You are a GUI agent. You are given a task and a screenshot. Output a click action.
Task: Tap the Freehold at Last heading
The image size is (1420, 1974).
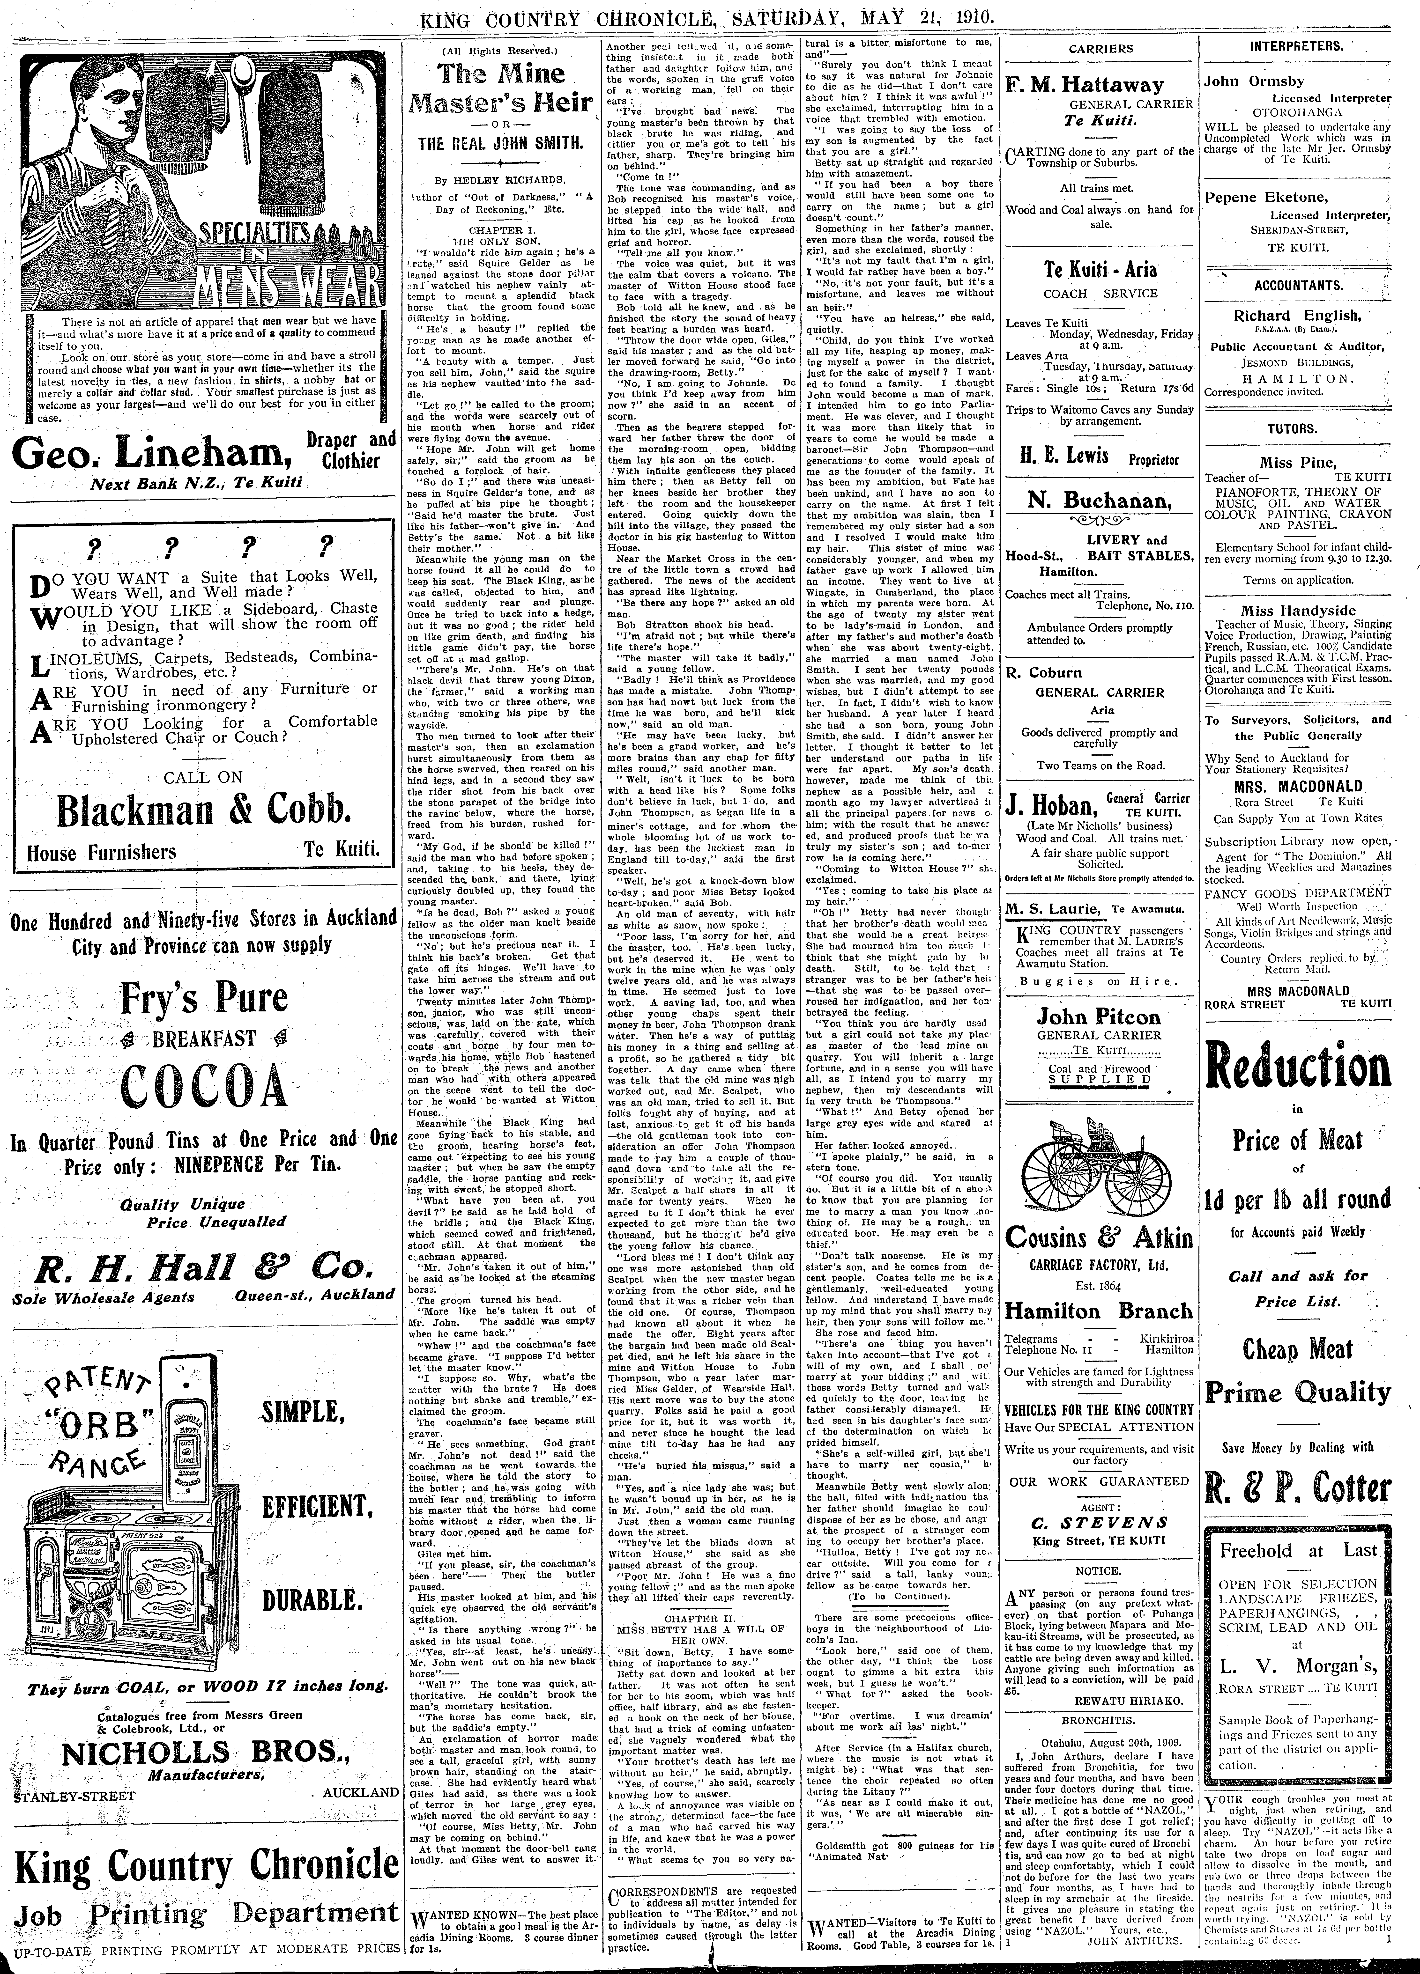pos(1297,1550)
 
